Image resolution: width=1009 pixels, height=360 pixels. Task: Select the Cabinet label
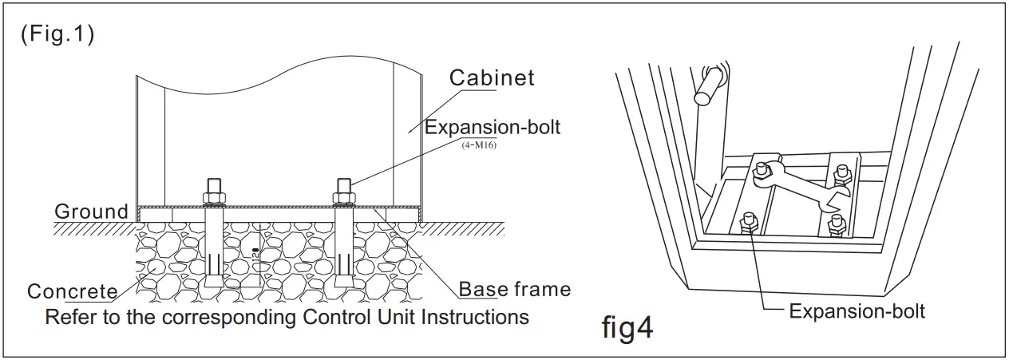click(x=492, y=78)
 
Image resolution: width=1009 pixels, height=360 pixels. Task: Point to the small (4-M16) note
click(x=479, y=144)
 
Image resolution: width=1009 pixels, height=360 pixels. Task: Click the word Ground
click(x=91, y=212)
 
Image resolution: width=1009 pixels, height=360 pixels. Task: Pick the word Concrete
click(x=72, y=291)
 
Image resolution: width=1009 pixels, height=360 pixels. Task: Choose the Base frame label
click(x=515, y=288)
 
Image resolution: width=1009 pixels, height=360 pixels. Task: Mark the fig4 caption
click(x=627, y=328)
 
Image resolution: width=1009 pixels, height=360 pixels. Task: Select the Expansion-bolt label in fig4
click(x=857, y=311)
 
